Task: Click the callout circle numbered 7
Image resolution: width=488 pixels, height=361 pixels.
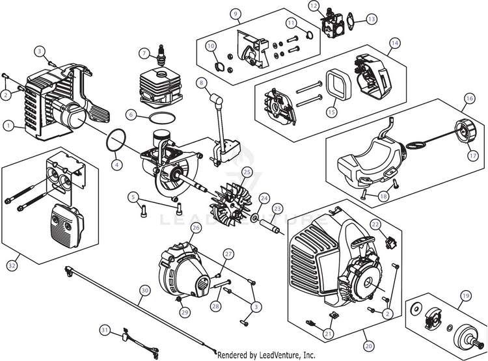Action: click(144, 53)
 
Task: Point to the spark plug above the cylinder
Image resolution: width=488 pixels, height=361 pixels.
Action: click(161, 55)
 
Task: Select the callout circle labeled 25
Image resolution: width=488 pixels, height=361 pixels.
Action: click(247, 172)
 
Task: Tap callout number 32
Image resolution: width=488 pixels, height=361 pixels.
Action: click(12, 265)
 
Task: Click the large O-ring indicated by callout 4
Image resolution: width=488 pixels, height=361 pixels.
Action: click(116, 141)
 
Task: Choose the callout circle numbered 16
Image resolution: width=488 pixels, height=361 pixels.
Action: click(470, 98)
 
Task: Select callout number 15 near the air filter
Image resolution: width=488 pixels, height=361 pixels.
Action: click(332, 111)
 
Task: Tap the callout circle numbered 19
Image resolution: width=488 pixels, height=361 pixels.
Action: click(466, 296)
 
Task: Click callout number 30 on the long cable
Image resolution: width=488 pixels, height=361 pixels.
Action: click(145, 291)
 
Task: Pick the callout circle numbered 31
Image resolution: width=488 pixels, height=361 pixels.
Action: click(105, 330)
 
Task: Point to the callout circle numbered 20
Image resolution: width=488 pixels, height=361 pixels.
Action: click(369, 346)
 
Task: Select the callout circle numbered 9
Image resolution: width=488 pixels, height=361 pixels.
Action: click(236, 14)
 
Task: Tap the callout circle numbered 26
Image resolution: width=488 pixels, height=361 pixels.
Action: click(196, 228)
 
